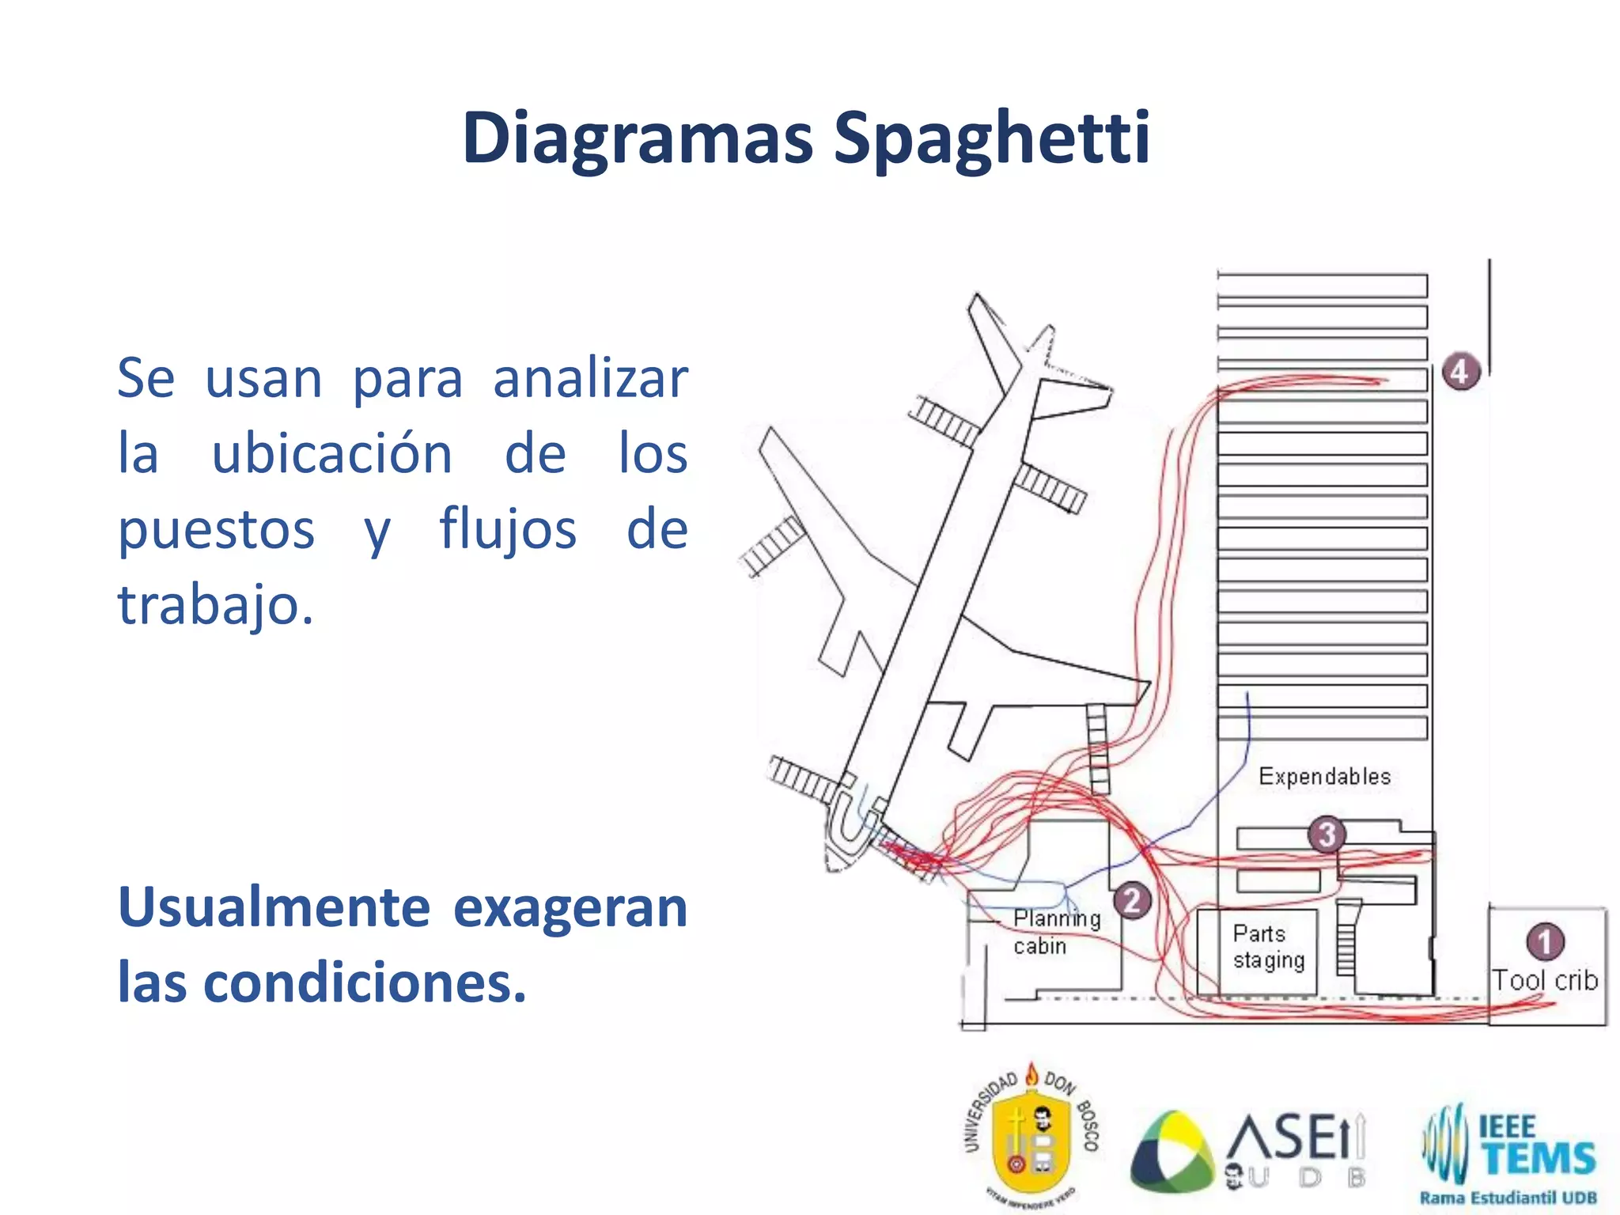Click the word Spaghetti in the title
click(x=992, y=139)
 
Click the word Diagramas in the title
click(x=638, y=139)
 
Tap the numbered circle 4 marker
click(x=1459, y=372)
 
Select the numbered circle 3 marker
click(x=1327, y=834)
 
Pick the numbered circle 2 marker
click(x=1132, y=900)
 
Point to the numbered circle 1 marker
click(x=1544, y=941)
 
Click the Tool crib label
click(x=1544, y=981)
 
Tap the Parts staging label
click(x=1268, y=947)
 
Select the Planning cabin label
click(x=1055, y=932)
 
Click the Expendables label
click(x=1324, y=777)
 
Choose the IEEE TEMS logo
click(x=1509, y=1147)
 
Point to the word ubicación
click(x=332, y=454)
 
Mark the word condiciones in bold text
click(x=364, y=983)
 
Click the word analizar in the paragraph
click(x=590, y=378)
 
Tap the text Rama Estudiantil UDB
click(x=1508, y=1198)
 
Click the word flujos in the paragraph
click(x=508, y=530)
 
